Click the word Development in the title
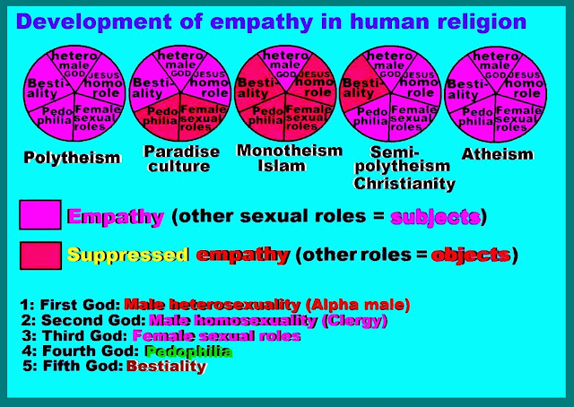pyautogui.click(x=94, y=22)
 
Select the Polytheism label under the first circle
pyautogui.click(x=72, y=158)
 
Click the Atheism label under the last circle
pyautogui.click(x=497, y=154)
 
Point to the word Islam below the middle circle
pyautogui.click(x=282, y=166)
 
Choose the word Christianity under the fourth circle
pyautogui.click(x=404, y=184)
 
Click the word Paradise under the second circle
pyautogui.click(x=181, y=152)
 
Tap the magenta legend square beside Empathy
pyautogui.click(x=40, y=215)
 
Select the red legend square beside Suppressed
pyautogui.click(x=40, y=255)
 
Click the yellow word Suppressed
pyautogui.click(x=128, y=255)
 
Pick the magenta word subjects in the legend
pyautogui.click(x=436, y=218)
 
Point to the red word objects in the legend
pyautogui.click(x=471, y=255)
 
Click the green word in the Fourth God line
pyautogui.click(x=189, y=351)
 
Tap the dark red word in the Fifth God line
pyautogui.click(x=167, y=367)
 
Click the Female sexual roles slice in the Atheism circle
pyautogui.click(x=518, y=117)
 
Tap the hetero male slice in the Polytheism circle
pyautogui.click(x=74, y=65)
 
